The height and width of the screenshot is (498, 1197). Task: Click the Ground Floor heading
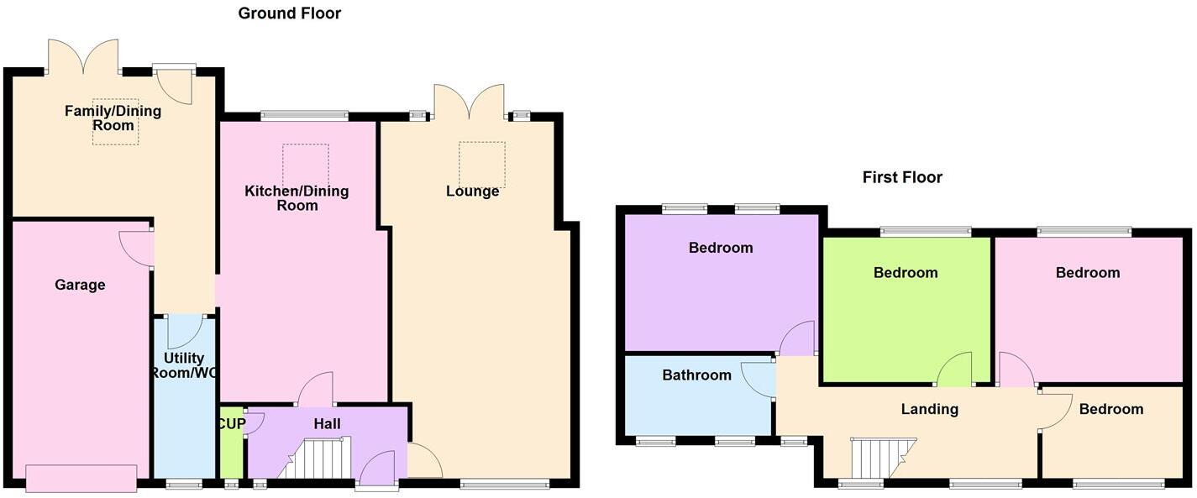[289, 13]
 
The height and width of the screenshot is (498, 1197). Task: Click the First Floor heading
[902, 177]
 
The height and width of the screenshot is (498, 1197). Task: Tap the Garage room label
[80, 285]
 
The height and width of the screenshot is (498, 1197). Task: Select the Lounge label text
[472, 191]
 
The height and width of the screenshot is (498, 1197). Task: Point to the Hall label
[327, 424]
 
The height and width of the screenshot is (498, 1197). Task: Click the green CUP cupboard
[230, 445]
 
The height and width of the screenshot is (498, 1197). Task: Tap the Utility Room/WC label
[184, 365]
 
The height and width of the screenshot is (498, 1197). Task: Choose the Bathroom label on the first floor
[696, 375]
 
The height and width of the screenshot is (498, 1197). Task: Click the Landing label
[929, 409]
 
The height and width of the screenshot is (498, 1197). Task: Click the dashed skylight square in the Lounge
[481, 165]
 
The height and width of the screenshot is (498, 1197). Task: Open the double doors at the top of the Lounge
[469, 102]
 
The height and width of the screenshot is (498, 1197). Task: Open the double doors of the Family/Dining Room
[83, 57]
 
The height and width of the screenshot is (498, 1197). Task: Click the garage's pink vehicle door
[81, 478]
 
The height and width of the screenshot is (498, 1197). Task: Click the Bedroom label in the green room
[905, 273]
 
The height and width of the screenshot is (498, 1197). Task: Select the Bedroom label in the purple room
[721, 248]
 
